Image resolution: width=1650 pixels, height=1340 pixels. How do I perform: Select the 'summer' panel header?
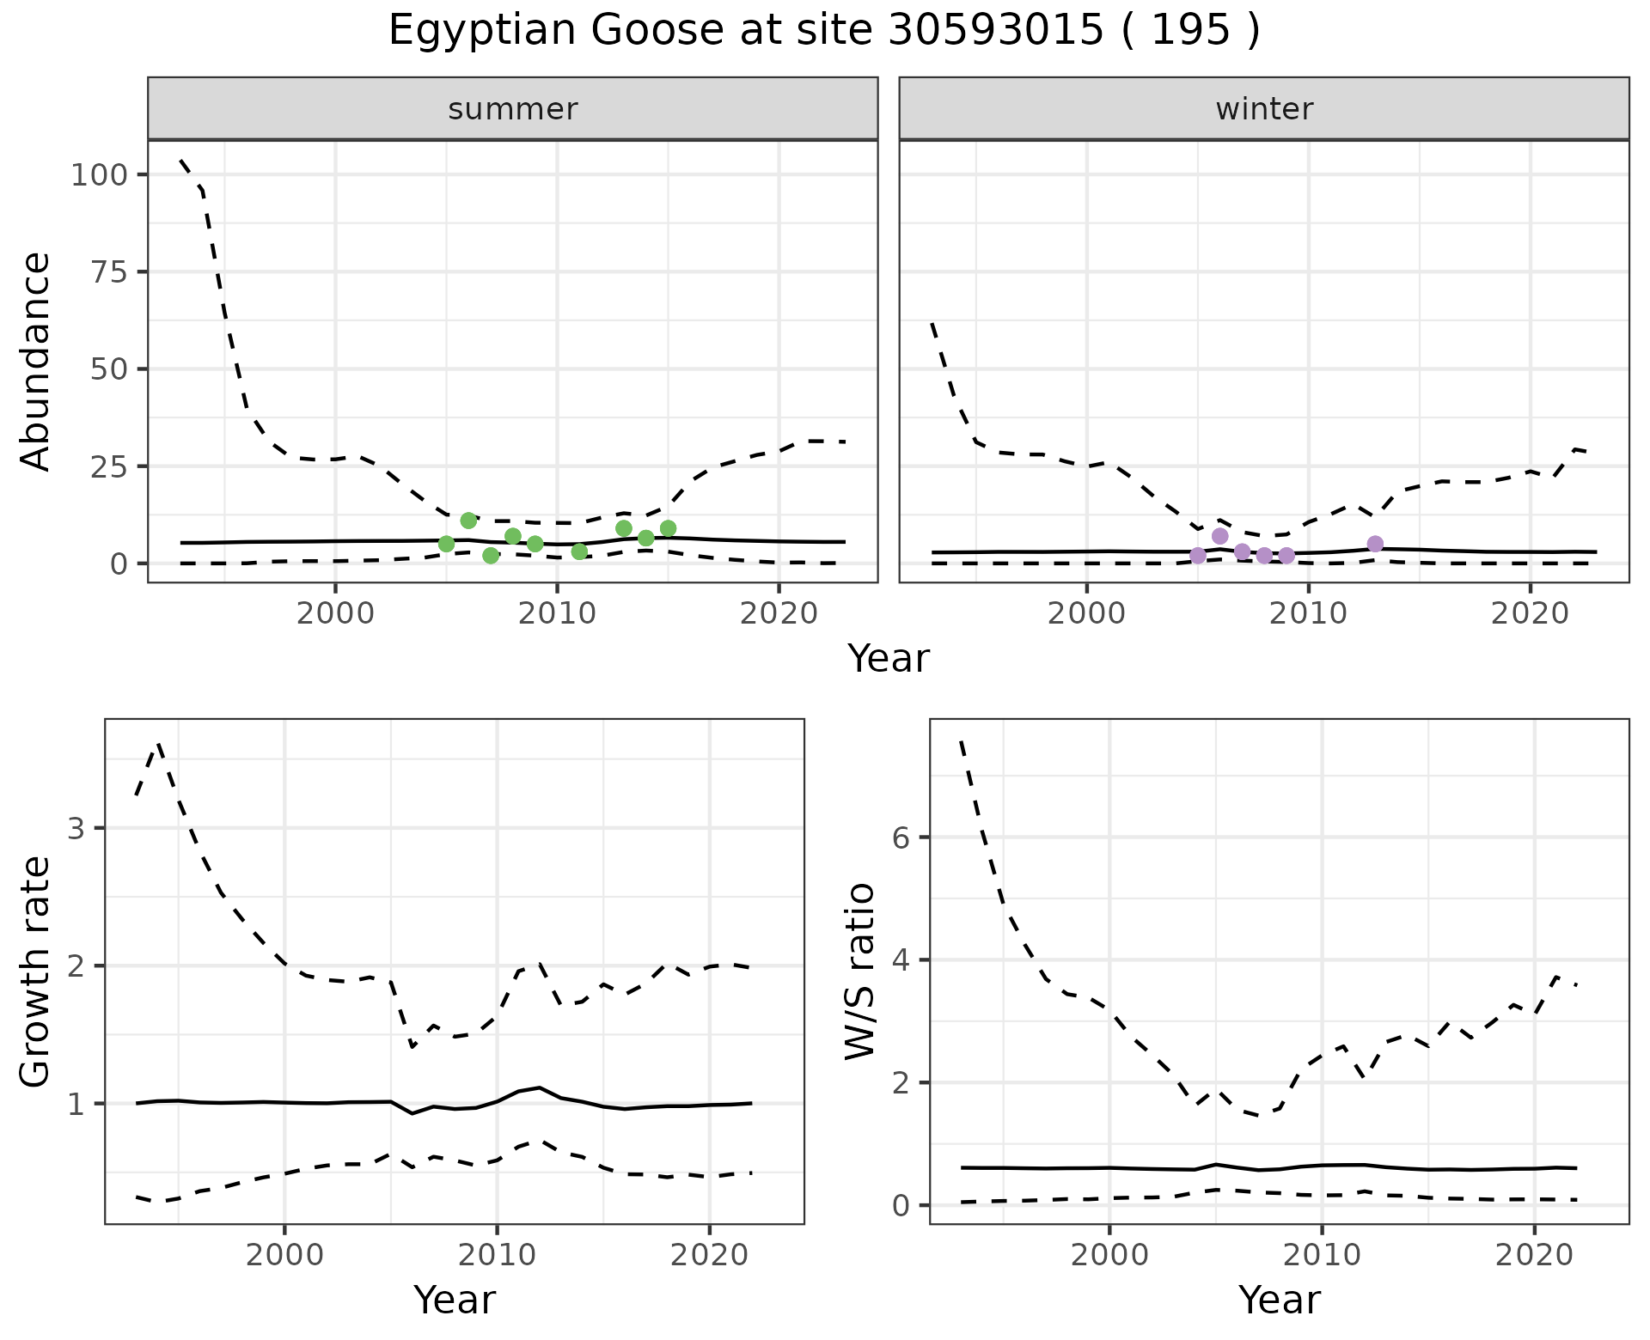click(513, 109)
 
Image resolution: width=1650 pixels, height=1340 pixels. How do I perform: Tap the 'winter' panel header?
click(1264, 109)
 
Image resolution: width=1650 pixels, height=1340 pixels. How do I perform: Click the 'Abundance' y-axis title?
click(36, 362)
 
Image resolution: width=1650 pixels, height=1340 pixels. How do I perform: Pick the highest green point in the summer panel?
click(468, 521)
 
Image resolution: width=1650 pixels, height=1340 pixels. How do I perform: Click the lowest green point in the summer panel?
click(491, 556)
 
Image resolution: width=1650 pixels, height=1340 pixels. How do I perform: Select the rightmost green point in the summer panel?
click(668, 528)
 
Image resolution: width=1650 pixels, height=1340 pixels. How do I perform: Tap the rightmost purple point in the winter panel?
click(1375, 544)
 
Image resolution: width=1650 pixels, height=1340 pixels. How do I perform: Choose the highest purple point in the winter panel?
click(1220, 537)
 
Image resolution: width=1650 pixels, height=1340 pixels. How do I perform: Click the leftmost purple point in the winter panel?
click(1198, 556)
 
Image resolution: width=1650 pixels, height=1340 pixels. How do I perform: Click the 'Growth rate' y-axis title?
click(36, 972)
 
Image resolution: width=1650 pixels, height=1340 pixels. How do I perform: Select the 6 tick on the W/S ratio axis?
click(901, 837)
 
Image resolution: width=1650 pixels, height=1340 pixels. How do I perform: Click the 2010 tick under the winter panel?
click(1308, 613)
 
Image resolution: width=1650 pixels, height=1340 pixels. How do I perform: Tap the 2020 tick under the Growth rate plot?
click(709, 1255)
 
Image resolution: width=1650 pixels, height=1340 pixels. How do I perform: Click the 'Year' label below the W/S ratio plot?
click(1280, 1300)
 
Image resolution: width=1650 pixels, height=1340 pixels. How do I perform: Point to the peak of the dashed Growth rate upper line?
click(158, 744)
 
